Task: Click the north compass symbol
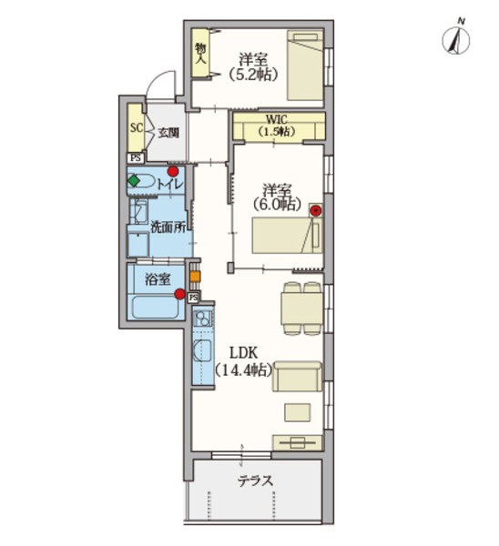pyautogui.click(x=454, y=39)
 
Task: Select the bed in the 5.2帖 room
pyautogui.click(x=306, y=66)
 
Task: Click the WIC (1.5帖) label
pyautogui.click(x=276, y=126)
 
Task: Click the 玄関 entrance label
pyautogui.click(x=168, y=131)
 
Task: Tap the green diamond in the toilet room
pyautogui.click(x=135, y=181)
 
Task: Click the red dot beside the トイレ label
pyautogui.click(x=171, y=171)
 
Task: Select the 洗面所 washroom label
pyautogui.click(x=168, y=227)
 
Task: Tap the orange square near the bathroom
pyautogui.click(x=194, y=276)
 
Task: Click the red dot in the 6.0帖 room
pyautogui.click(x=315, y=211)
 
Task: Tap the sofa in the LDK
pyautogui.click(x=297, y=377)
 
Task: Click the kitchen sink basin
pyautogui.click(x=202, y=319)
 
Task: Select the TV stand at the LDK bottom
pyautogui.click(x=296, y=443)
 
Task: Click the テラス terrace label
pyautogui.click(x=255, y=480)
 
